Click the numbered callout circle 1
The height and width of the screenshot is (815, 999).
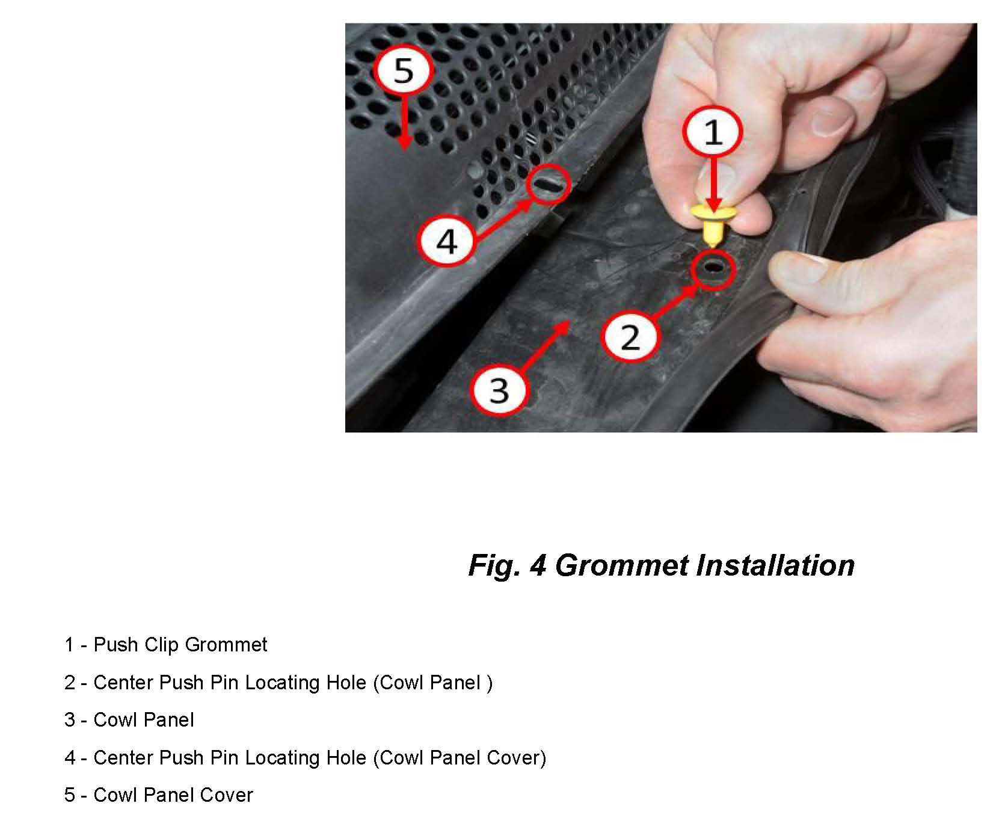click(713, 132)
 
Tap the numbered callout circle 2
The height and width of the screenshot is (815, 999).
click(630, 337)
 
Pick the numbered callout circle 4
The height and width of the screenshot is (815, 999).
click(447, 242)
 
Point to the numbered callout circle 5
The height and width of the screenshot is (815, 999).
click(404, 70)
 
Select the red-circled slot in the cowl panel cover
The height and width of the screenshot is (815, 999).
click(547, 184)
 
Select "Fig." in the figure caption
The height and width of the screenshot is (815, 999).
click(493, 565)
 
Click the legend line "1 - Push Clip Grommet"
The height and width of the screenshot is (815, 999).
click(165, 645)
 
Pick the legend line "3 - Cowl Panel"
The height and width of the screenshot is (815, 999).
click(129, 720)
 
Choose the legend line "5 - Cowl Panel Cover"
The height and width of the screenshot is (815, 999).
click(158, 795)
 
